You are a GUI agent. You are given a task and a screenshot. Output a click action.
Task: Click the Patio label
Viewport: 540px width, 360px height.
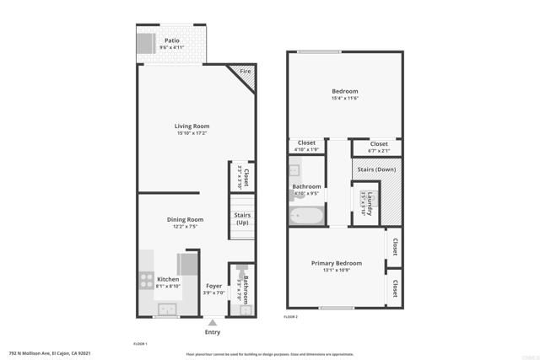pyautogui.click(x=171, y=40)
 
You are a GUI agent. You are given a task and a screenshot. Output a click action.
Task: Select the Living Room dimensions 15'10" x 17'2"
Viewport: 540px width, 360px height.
pyautogui.click(x=192, y=133)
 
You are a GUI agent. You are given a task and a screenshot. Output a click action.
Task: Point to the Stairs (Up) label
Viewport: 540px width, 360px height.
pyautogui.click(x=242, y=218)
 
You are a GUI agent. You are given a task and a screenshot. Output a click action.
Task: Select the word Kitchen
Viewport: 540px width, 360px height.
pyautogui.click(x=168, y=279)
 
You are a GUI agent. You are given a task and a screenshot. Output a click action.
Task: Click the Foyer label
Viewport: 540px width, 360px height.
pyautogui.click(x=214, y=286)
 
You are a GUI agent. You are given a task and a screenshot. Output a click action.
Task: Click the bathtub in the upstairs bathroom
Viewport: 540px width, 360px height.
pyautogui.click(x=305, y=217)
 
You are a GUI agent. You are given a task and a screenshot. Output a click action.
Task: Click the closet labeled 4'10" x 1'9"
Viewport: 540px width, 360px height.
pyautogui.click(x=306, y=147)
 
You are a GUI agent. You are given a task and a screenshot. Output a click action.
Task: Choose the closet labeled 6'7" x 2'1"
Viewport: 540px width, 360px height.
pyautogui.click(x=379, y=147)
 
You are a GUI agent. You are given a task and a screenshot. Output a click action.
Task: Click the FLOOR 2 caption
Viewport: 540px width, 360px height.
pyautogui.click(x=291, y=316)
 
